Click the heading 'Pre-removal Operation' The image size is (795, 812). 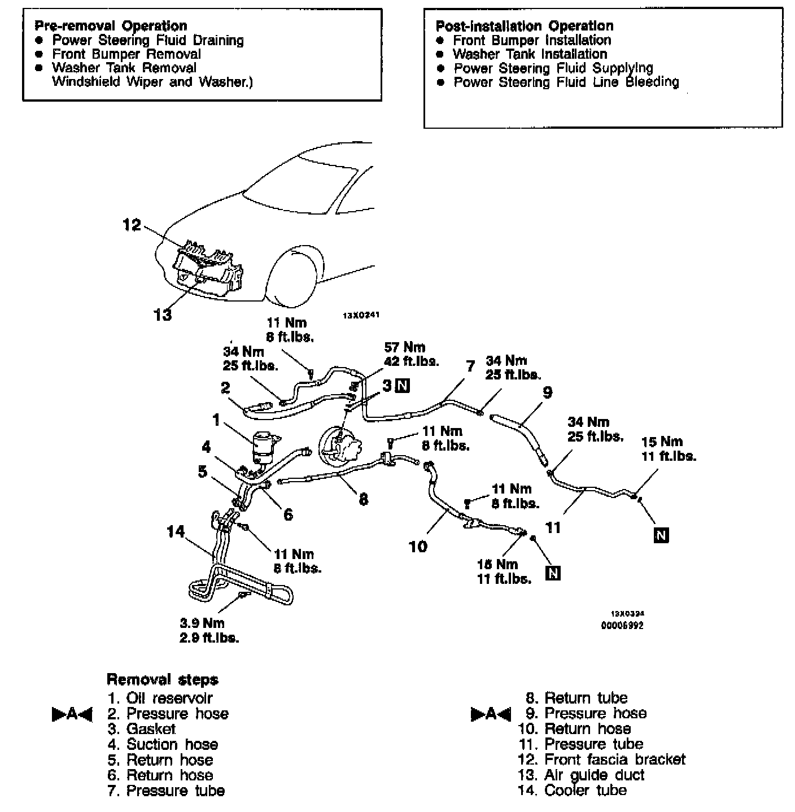pos(110,26)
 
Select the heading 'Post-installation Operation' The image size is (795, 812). pos(524,26)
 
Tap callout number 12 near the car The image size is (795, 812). pos(132,225)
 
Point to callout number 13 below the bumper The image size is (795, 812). pos(163,315)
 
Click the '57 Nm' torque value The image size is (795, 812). pos(404,347)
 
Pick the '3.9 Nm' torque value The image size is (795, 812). pos(202,623)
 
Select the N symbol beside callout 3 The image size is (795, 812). pos(403,386)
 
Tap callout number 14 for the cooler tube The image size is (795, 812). pos(176,531)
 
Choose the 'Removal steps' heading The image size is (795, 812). pos(162,679)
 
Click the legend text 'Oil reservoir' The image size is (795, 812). pos(169,698)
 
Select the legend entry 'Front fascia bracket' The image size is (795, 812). pos(614,759)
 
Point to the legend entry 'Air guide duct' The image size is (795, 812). pos(594,775)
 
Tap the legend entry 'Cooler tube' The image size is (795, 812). pos(585,790)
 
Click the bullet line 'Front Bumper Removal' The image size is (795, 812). pos(126,54)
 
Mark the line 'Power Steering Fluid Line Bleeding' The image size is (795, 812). pos(566,82)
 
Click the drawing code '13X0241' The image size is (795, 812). pos(359,316)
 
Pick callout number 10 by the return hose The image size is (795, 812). pos(418,546)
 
